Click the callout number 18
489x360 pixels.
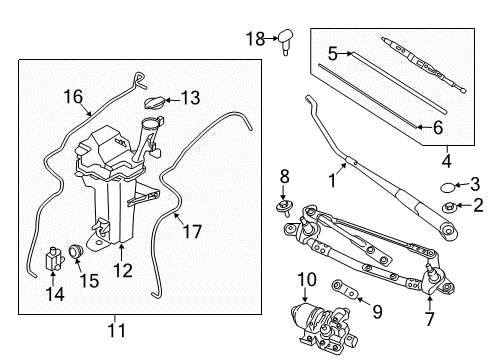tap(254, 38)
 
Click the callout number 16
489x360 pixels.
tap(73, 96)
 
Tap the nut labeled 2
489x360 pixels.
tap(450, 207)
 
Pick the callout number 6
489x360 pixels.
tap(437, 128)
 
